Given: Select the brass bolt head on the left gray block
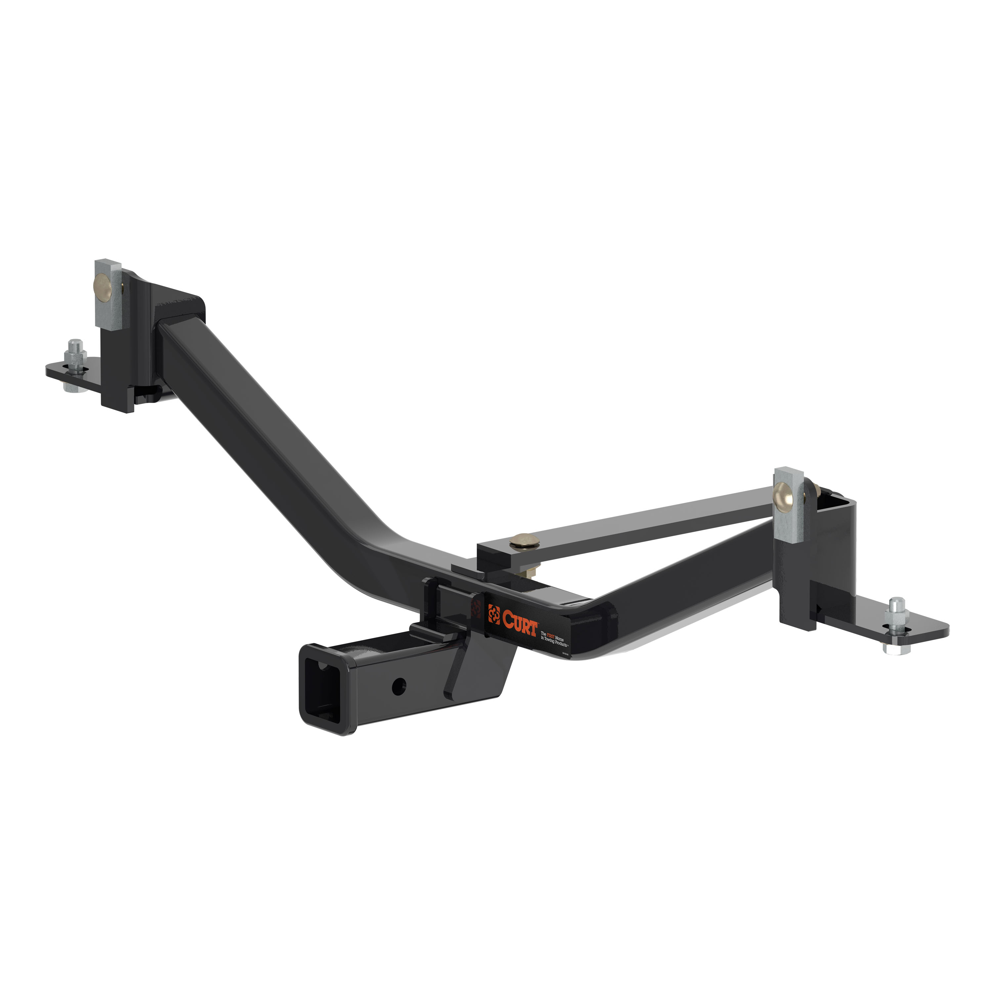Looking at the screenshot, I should (101, 284).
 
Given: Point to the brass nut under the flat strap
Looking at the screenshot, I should (532, 571).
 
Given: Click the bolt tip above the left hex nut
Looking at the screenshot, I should (76, 343).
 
